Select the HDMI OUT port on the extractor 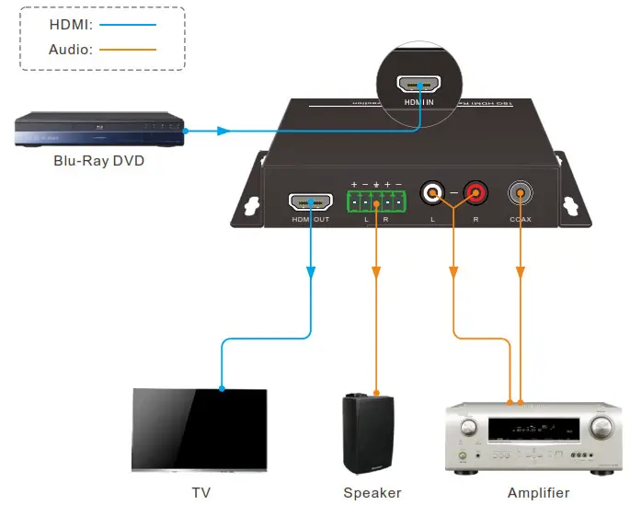(311, 201)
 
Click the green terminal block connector (375, 201)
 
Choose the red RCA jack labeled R (475, 193)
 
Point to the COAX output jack (521, 193)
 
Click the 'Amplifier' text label (538, 493)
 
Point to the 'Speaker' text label (372, 493)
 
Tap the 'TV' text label (200, 493)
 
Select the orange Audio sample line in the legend (132, 49)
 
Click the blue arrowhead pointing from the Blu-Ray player (223, 131)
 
